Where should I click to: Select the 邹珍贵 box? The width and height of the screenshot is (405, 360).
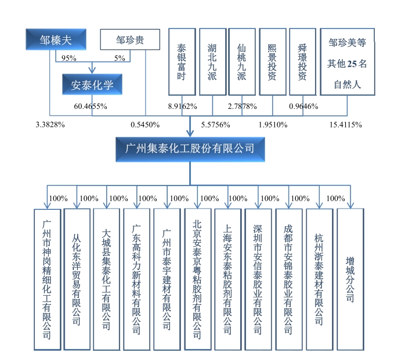tap(129, 40)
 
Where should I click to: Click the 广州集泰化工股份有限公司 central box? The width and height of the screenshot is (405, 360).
tap(190, 149)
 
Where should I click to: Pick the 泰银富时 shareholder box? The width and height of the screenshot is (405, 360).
tap(182, 61)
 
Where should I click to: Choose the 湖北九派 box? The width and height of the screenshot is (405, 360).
tap(212, 61)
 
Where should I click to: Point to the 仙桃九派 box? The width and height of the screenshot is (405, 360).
tap(242, 61)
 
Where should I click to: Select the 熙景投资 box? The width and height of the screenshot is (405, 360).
tap(272, 61)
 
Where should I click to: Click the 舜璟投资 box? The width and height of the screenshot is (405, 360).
tap(302, 61)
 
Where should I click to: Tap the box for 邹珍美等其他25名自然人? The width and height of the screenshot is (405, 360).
tap(347, 61)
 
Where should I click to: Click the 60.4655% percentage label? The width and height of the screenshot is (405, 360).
tap(91, 107)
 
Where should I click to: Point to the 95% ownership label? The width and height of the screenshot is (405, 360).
tap(69, 58)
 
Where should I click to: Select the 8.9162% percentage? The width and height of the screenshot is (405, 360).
tap(183, 107)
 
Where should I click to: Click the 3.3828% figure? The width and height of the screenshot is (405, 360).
tap(50, 125)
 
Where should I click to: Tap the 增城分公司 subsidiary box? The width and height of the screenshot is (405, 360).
tap(350, 279)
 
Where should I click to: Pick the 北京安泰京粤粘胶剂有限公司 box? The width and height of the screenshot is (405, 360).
tap(198, 279)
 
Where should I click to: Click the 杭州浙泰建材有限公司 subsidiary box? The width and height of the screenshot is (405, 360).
tap(319, 279)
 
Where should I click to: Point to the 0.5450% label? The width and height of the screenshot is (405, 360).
tap(144, 125)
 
